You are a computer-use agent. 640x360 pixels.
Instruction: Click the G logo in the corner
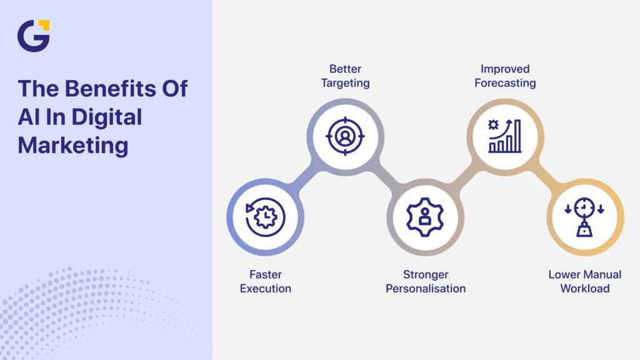[32, 35]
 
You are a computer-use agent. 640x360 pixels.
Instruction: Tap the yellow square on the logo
[44, 25]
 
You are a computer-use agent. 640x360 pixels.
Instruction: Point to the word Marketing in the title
[72, 145]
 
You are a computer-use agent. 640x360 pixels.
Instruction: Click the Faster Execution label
[266, 281]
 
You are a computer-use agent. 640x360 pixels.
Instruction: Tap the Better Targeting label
[346, 76]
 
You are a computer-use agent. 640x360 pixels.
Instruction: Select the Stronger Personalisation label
[426, 281]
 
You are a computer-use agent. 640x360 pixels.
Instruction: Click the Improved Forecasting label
[505, 76]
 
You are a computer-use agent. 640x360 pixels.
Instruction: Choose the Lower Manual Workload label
[585, 281]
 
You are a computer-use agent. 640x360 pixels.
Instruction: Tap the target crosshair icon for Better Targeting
[346, 136]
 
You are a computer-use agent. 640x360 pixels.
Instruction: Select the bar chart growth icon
[505, 136]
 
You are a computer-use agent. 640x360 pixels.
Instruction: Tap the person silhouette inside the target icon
[346, 135]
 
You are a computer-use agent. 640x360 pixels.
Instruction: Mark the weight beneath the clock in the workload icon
[584, 231]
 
